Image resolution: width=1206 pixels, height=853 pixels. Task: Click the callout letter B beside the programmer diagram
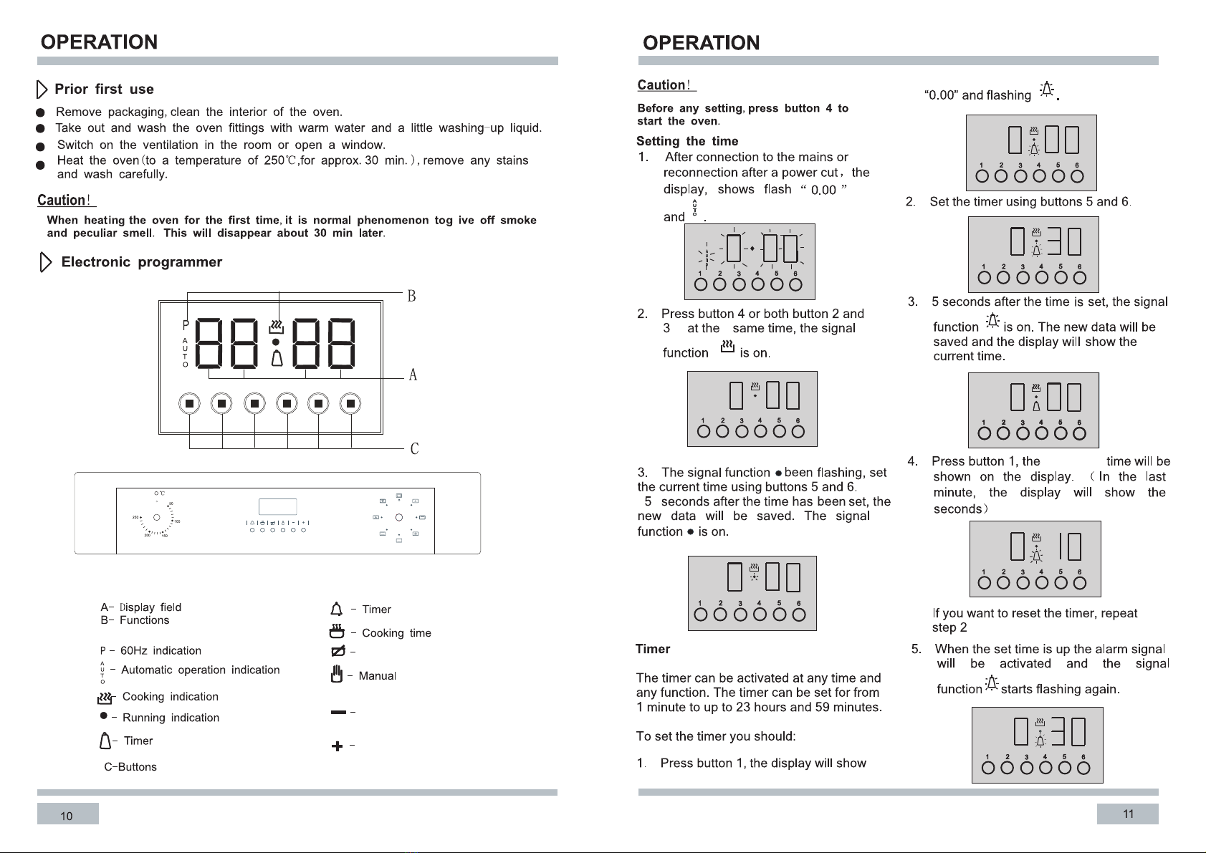(x=411, y=296)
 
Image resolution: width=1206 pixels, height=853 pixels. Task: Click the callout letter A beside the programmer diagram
(x=413, y=375)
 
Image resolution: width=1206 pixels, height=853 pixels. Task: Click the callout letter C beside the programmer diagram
(x=414, y=448)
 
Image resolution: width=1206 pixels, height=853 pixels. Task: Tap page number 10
(x=66, y=816)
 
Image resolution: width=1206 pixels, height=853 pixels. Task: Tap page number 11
(x=1128, y=814)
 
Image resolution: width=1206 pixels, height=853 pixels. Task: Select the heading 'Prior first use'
(x=104, y=89)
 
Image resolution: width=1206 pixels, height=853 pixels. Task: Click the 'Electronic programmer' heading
(x=142, y=262)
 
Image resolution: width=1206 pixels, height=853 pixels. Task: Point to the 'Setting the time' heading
(x=687, y=141)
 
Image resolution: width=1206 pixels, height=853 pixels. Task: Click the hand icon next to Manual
(x=337, y=674)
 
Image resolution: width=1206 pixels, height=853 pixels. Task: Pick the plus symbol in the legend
(x=337, y=746)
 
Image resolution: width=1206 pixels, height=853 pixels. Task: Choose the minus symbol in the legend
(x=339, y=713)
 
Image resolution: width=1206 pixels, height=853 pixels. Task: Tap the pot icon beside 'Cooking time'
(x=337, y=631)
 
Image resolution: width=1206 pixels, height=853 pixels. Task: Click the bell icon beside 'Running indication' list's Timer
(x=105, y=741)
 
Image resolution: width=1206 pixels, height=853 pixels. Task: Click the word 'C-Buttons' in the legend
(x=130, y=767)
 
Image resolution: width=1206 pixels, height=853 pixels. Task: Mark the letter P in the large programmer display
(x=186, y=325)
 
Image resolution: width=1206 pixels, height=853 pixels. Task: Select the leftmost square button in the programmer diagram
(x=189, y=404)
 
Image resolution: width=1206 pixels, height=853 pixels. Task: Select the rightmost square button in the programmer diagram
(x=350, y=404)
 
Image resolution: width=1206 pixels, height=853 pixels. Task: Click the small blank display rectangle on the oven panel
(x=278, y=506)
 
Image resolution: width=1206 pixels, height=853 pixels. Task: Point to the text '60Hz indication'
(x=161, y=650)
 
